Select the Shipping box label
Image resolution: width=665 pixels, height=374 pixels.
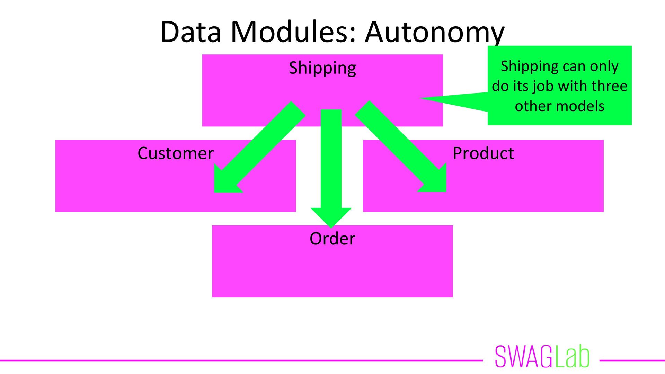(322, 68)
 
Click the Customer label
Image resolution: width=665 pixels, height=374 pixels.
(176, 153)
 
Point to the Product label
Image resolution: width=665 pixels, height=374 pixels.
(483, 153)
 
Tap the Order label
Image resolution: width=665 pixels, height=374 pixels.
(332, 239)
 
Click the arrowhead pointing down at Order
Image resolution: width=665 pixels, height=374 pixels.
(331, 216)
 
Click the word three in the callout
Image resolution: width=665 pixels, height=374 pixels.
(610, 86)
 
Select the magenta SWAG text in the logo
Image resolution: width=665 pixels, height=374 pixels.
(523, 356)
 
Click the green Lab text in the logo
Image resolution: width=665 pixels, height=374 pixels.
(572, 356)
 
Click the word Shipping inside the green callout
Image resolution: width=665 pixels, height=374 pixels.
(525, 66)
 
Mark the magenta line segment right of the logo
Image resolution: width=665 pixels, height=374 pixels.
(632, 360)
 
